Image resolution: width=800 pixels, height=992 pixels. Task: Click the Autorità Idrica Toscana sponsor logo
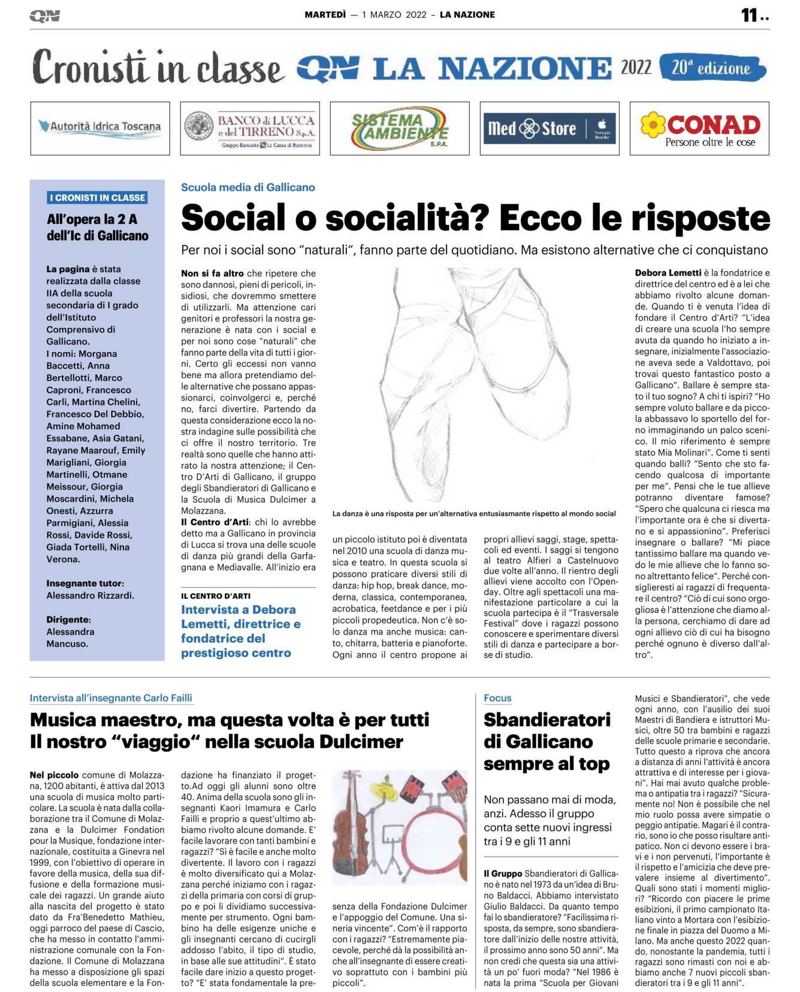[100, 128]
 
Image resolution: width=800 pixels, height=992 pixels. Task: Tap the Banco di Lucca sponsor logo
[250, 128]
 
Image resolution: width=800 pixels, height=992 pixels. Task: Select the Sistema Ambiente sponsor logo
[400, 128]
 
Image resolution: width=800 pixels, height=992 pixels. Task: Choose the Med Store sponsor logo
[550, 128]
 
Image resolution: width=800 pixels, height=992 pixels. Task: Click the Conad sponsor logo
[699, 128]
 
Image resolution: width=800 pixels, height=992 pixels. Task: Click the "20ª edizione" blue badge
[712, 68]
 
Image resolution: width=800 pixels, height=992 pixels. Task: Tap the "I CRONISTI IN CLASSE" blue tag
[97, 198]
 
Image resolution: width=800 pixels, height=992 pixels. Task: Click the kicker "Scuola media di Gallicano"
[247, 187]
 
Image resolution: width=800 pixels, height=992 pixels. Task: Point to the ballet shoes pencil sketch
[473, 383]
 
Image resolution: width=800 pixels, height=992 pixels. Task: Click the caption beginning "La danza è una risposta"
[473, 514]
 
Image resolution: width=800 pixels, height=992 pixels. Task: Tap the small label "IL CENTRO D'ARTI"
[216, 596]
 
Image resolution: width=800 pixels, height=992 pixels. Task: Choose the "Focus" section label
[497, 698]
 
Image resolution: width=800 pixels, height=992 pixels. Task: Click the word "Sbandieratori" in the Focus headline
[547, 720]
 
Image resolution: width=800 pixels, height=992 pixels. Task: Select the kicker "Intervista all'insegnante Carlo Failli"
[111, 698]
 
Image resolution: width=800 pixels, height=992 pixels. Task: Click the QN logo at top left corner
[44, 16]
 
